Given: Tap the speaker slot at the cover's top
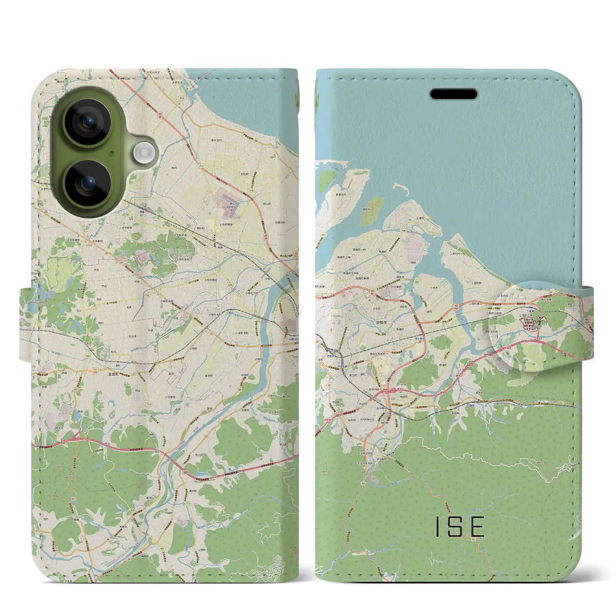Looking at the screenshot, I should tap(454, 94).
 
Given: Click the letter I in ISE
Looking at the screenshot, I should tap(438, 527).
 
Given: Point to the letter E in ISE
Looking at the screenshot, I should tap(477, 527).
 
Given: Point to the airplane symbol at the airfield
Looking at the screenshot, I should tap(231, 203).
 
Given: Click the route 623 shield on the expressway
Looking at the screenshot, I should tap(185, 473).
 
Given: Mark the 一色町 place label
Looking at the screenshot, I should tap(434, 287).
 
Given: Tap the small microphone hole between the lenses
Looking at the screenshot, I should tap(111, 154).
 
